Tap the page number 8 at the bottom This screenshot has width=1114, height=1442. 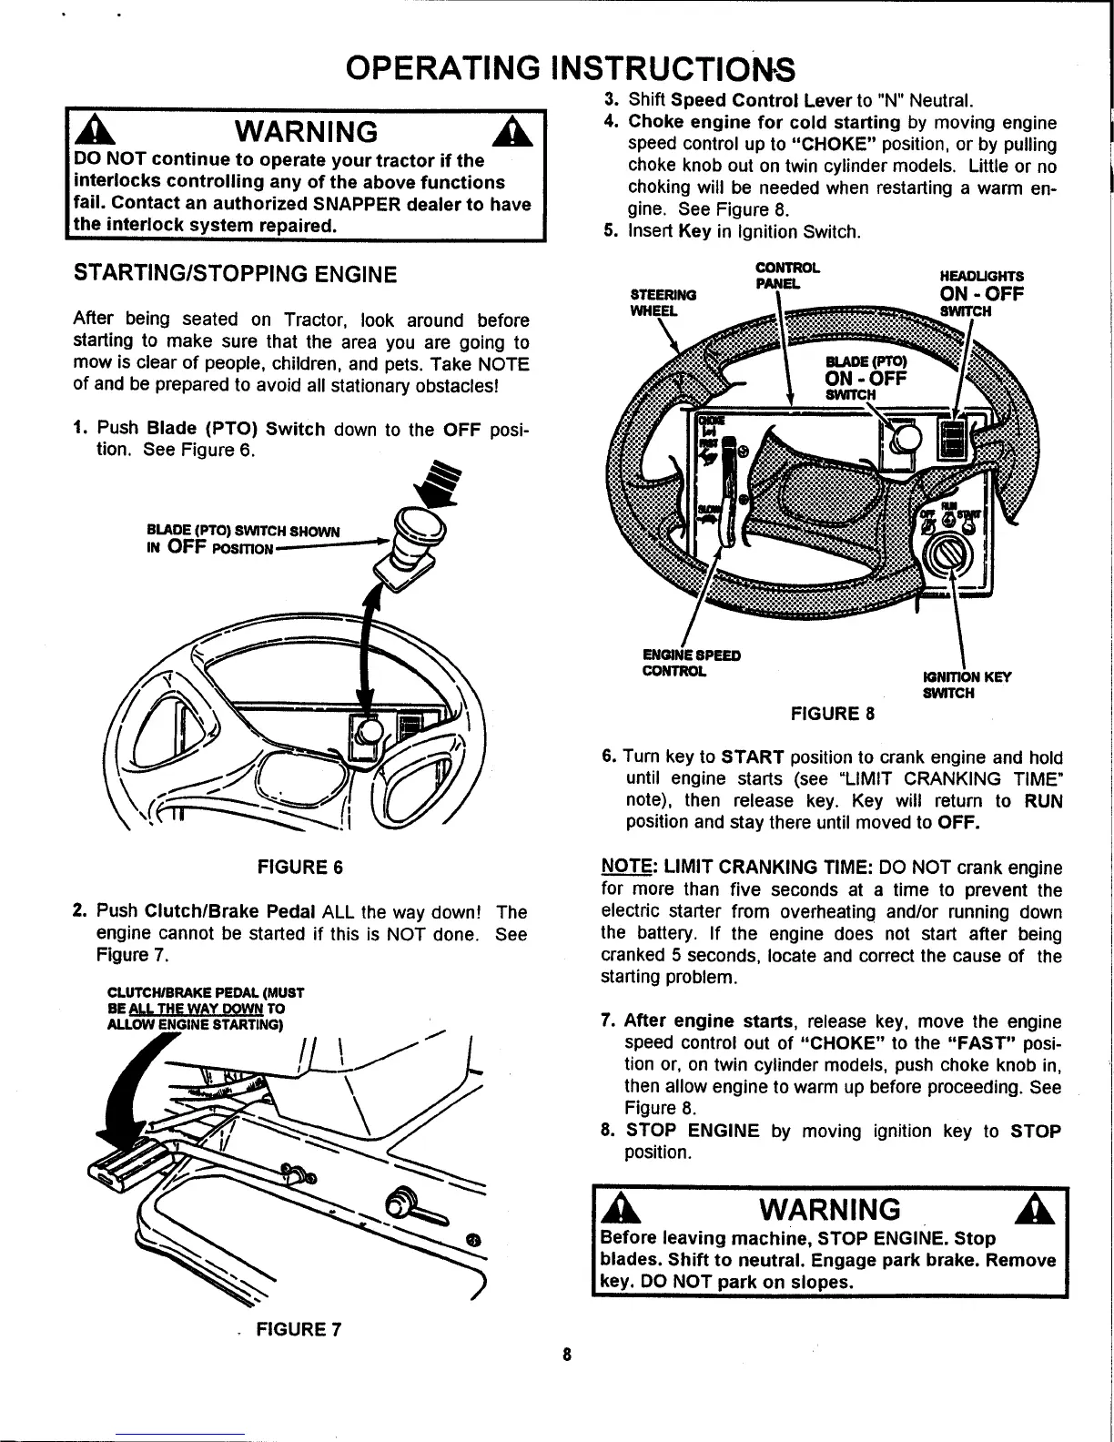coord(566,1354)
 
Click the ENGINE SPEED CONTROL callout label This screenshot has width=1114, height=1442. coord(691,663)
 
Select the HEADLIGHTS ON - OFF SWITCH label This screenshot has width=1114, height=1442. coord(981,293)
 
